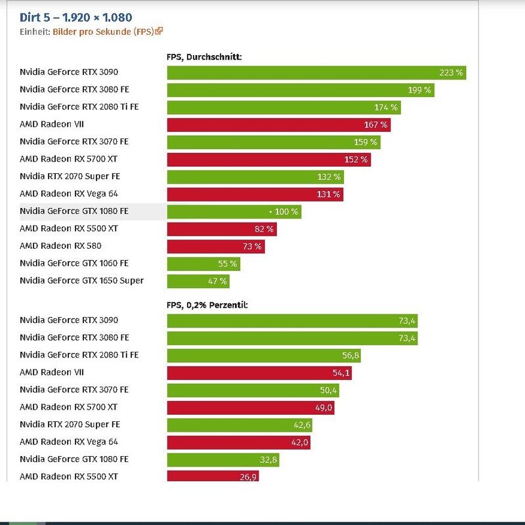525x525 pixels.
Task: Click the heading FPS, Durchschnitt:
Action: [204, 57]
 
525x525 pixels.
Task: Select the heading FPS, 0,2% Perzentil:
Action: [207, 305]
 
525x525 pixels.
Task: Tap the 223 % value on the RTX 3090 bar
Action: [451, 73]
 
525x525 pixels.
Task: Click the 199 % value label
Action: [419, 90]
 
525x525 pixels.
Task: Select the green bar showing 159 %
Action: [274, 142]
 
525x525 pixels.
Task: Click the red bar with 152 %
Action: [268, 159]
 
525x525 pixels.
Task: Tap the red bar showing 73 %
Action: [216, 247]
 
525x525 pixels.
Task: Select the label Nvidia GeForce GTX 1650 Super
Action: [81, 281]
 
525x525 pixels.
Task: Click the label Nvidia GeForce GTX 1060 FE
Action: [73, 263]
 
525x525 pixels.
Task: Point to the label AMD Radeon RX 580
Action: [60, 246]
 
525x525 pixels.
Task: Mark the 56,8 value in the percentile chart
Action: [346, 356]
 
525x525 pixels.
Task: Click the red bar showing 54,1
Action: [259, 373]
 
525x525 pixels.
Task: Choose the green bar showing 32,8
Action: [223, 460]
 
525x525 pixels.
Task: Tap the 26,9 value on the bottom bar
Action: [248, 477]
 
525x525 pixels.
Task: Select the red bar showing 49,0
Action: [253, 408]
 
